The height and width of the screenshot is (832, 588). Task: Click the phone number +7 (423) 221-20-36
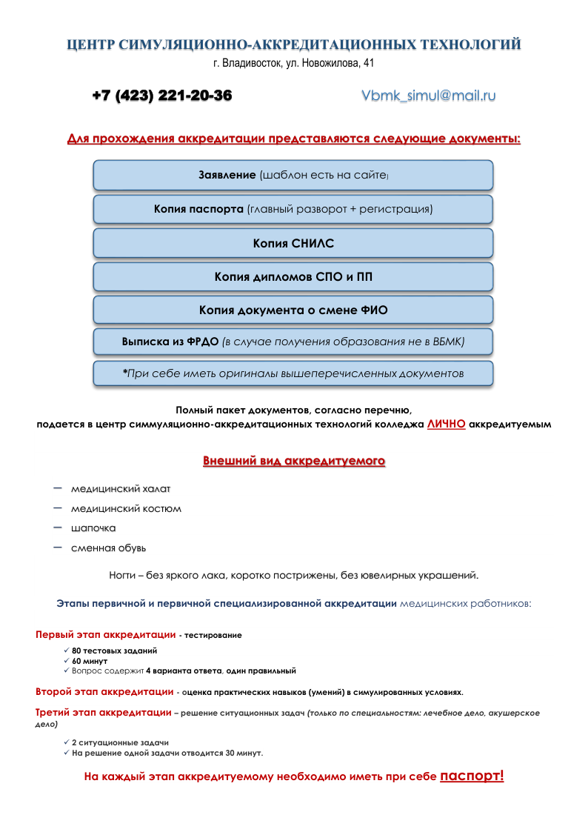pos(161,96)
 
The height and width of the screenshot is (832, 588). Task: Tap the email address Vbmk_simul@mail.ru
pos(428,96)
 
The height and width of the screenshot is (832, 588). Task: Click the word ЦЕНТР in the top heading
pos(92,45)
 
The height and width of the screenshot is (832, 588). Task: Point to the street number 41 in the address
pos(368,63)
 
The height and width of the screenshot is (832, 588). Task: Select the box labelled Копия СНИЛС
pos(293,243)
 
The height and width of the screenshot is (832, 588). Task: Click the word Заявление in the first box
pos(227,175)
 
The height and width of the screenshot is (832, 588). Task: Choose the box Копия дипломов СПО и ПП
pos(293,277)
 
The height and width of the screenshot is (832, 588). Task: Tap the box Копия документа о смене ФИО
pos(293,310)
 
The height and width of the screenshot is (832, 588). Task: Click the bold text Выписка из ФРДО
pos(170,342)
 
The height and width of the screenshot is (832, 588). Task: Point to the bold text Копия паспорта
pos(198,209)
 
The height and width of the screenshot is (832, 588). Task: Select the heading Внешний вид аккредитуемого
pos(294,461)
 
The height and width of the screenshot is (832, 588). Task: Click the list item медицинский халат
pos(121,489)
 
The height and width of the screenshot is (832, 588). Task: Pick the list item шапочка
pos(93,528)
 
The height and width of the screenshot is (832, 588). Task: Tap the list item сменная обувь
pos(108,548)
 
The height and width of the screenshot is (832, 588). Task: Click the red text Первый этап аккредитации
pos(105,635)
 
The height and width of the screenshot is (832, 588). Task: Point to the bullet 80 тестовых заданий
pos(114,650)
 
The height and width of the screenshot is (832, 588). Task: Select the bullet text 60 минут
pos(90,660)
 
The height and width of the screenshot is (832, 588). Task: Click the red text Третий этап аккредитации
pos(103,713)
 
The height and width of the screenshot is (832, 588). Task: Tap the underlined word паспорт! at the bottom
pos(472,776)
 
